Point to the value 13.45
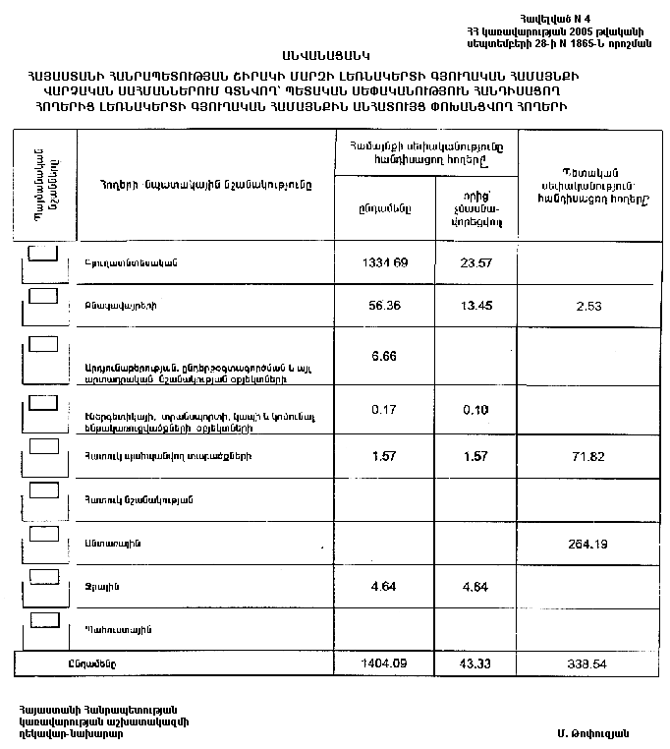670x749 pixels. click(475, 306)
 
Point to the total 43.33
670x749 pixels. click(475, 663)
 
